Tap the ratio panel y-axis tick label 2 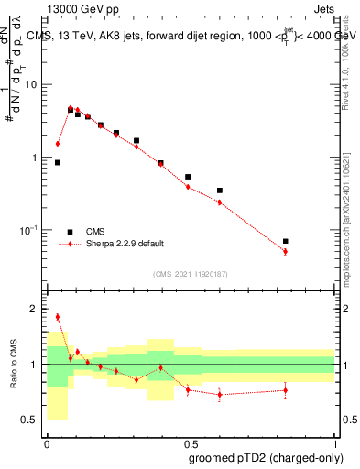[x=34, y=310]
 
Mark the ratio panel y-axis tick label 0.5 [x=31, y=420]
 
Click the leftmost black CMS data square [x=58, y=162]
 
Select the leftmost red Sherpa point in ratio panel [x=58, y=317]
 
